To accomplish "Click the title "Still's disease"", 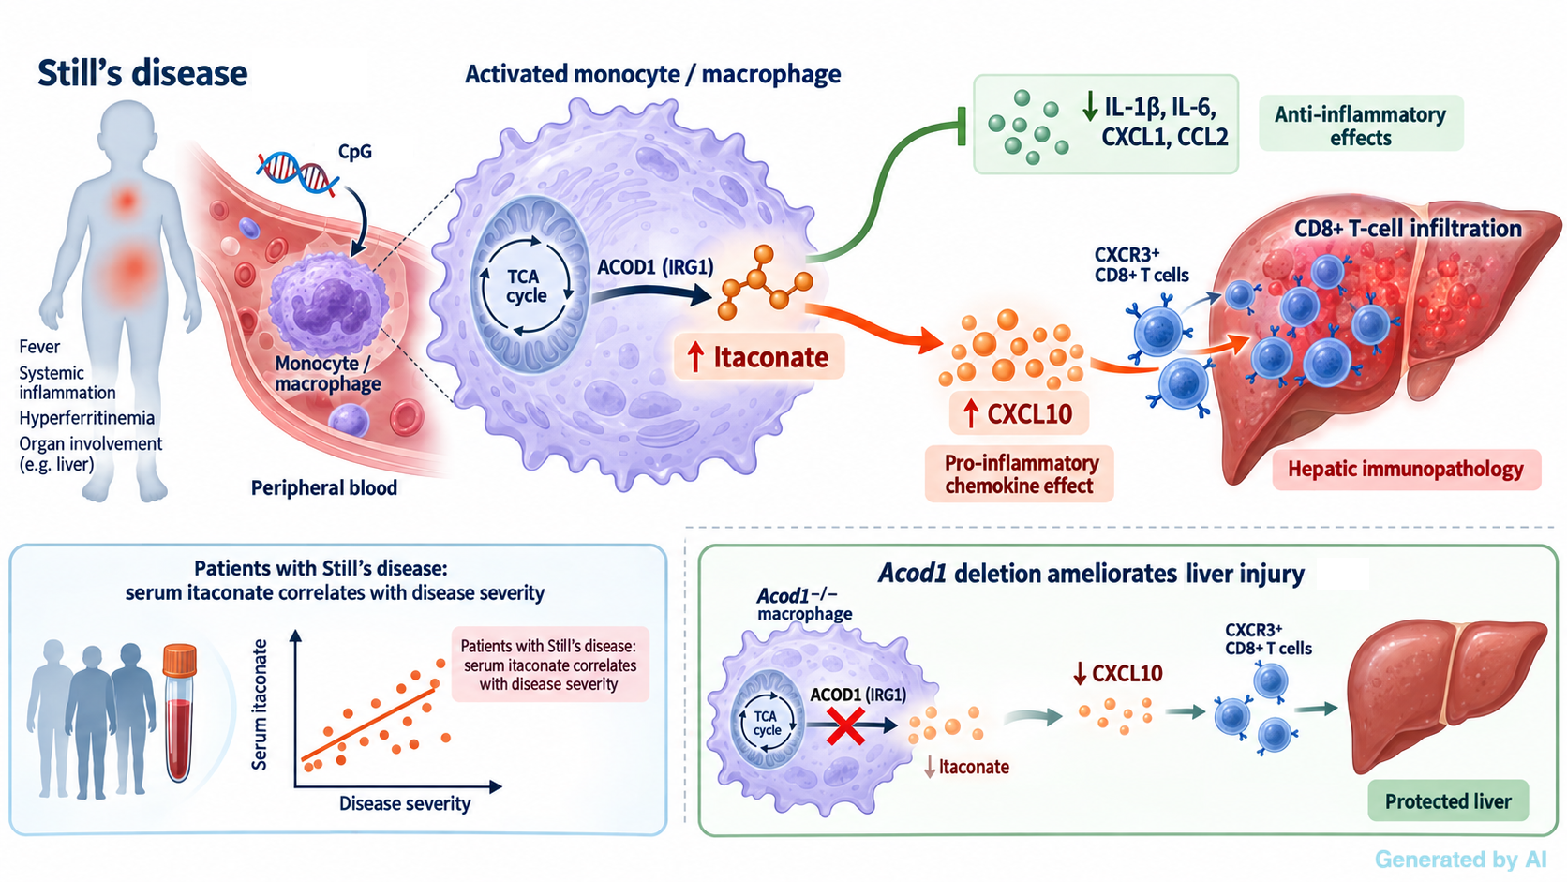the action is pyautogui.click(x=142, y=73).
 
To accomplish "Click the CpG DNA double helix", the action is pyautogui.click(x=297, y=172).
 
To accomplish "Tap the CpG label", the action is pyautogui.click(x=354, y=152).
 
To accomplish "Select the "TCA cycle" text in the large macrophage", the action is pyautogui.click(x=526, y=286).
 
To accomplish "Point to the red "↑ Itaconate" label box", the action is pyautogui.click(x=760, y=357).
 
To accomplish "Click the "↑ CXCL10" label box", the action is pyautogui.click(x=1020, y=413).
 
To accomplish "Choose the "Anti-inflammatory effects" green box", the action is pyautogui.click(x=1361, y=124).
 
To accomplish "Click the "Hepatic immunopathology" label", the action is pyautogui.click(x=1406, y=470).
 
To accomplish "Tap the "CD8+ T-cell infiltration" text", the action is pyautogui.click(x=1408, y=228).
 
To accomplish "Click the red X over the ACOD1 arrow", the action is pyautogui.click(x=845, y=725).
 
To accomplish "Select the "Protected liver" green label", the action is pyautogui.click(x=1448, y=800).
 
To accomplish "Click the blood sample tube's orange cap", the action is pyautogui.click(x=180, y=660).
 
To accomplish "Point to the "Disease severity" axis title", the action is pyautogui.click(x=404, y=803).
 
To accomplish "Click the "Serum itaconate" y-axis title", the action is pyautogui.click(x=260, y=704).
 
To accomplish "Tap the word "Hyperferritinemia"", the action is pyautogui.click(x=87, y=418).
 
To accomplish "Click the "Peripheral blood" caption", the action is pyautogui.click(x=324, y=487).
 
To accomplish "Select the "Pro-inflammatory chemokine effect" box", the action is pyautogui.click(x=1020, y=473).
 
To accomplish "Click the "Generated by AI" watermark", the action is pyautogui.click(x=1461, y=859).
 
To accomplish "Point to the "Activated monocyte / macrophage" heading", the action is pyautogui.click(x=652, y=74).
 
